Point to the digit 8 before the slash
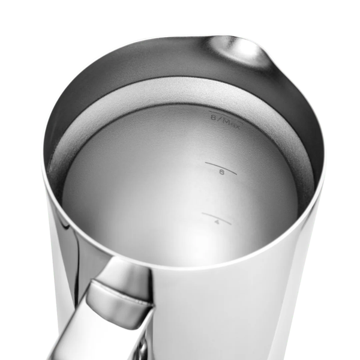coord(214,118)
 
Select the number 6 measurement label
coord(221,172)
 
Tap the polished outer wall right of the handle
coord(240,300)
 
